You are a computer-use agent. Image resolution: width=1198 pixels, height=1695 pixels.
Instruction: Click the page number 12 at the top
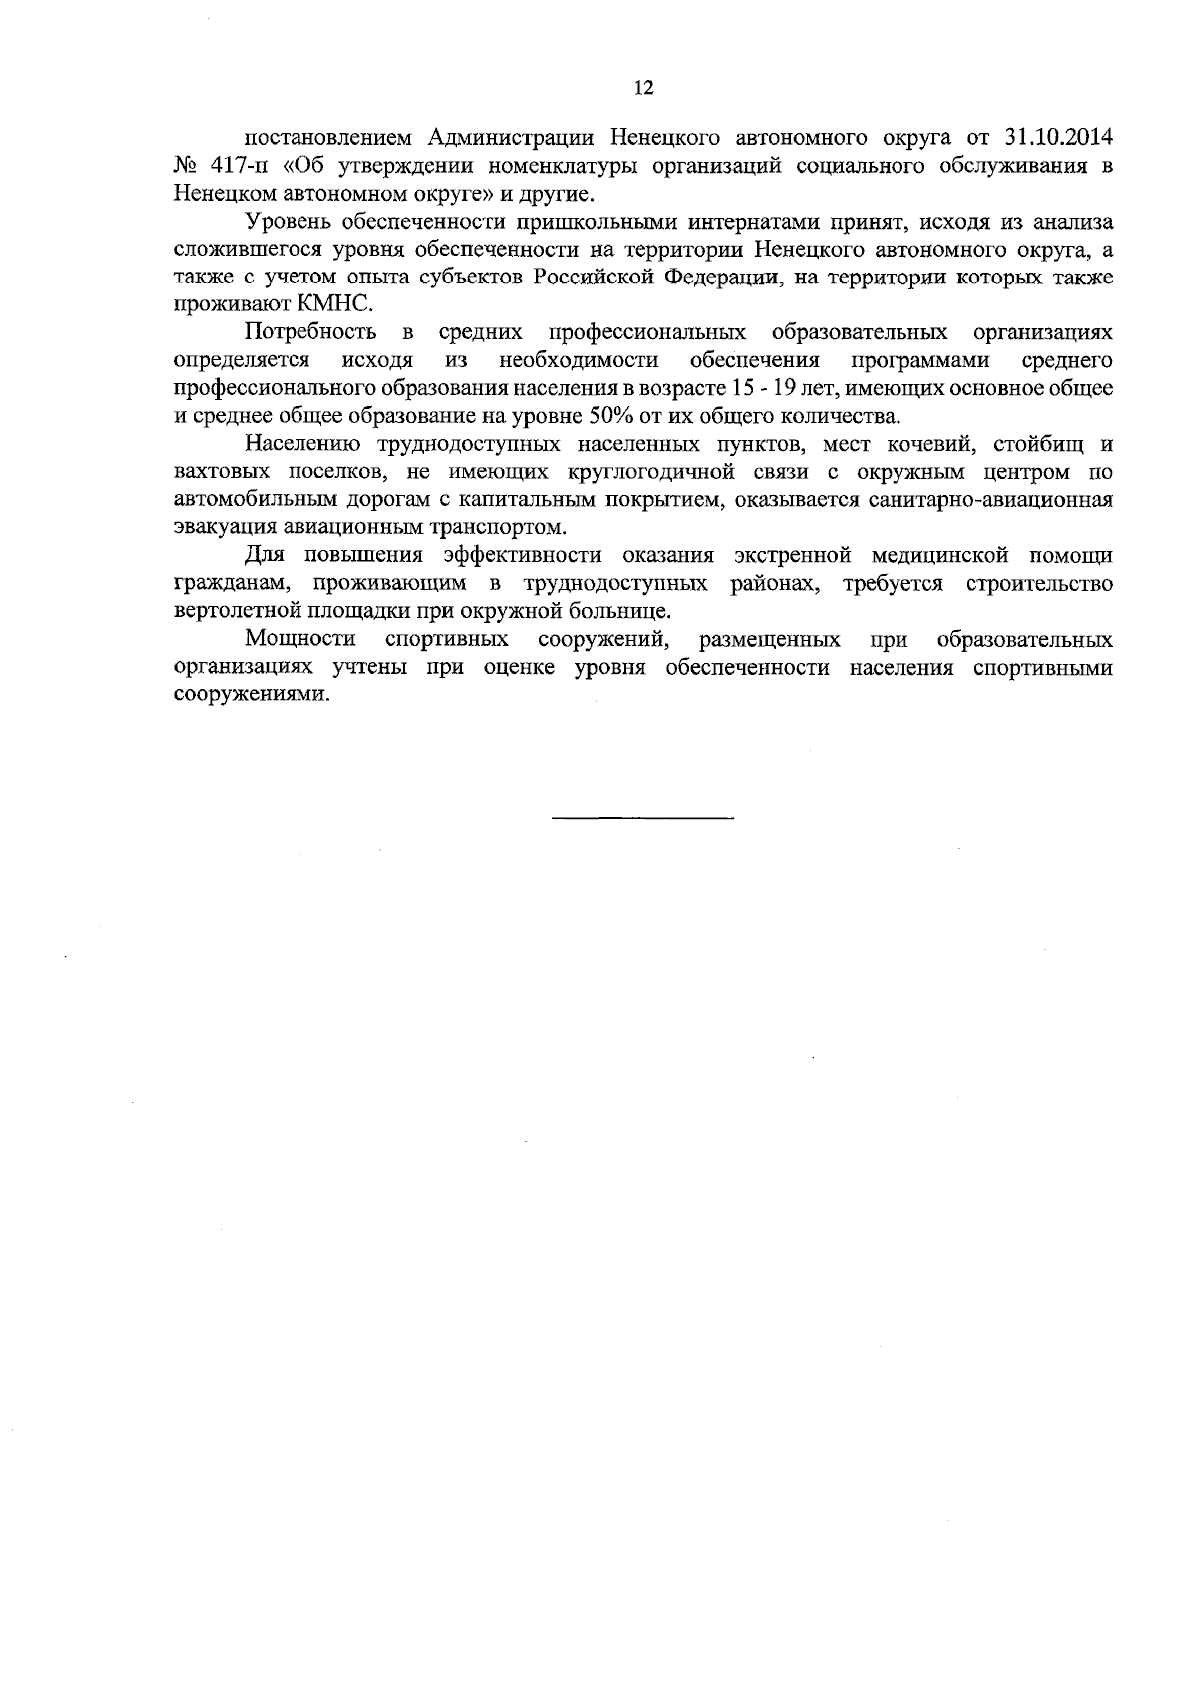pos(642,88)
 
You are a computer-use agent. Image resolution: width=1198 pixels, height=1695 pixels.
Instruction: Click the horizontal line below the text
pos(642,819)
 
